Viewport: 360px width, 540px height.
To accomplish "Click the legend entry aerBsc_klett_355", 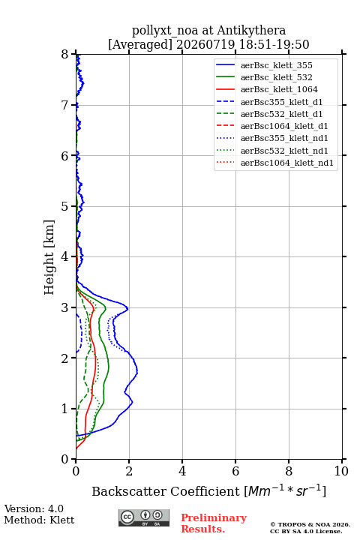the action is [x=276, y=65].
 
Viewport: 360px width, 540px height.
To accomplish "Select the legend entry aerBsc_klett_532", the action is [x=276, y=77].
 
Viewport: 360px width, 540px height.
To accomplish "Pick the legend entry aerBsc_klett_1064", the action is [x=279, y=89].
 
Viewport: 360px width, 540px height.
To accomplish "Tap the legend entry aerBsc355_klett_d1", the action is [x=281, y=102].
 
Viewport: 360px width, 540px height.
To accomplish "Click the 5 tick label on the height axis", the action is [x=65, y=206].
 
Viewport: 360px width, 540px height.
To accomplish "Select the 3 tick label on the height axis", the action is [x=65, y=307].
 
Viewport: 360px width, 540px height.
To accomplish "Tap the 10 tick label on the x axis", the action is [x=341, y=471].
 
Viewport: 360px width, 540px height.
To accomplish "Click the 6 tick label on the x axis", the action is [x=235, y=471].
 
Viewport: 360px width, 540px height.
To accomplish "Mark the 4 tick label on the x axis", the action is [x=182, y=471].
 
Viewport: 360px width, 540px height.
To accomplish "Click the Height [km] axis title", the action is [x=49, y=257].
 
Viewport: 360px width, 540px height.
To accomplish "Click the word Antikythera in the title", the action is [x=251, y=30].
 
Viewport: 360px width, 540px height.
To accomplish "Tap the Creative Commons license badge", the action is [x=144, y=517].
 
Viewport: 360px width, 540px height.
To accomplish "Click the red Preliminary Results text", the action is [x=214, y=523].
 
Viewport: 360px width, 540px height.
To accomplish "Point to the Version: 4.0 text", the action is [x=34, y=508].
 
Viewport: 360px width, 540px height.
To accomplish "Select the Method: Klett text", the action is [x=39, y=520].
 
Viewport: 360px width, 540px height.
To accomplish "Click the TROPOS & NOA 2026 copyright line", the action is [x=310, y=524].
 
